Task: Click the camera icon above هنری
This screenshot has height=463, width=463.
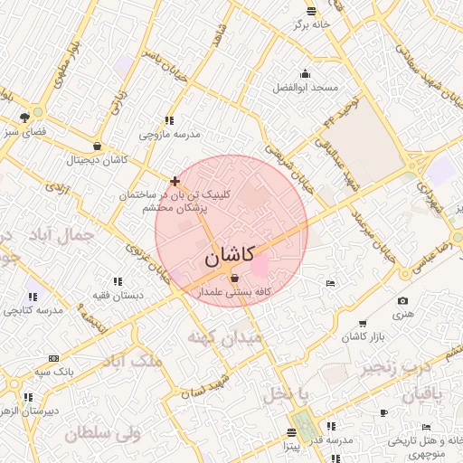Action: (402, 301)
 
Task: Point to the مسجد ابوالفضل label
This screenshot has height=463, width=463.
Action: (306, 88)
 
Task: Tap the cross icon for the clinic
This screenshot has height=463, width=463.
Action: (175, 181)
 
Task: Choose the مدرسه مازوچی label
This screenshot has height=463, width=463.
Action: (169, 134)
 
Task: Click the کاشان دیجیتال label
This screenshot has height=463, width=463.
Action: (97, 160)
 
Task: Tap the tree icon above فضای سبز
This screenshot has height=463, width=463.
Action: (24, 117)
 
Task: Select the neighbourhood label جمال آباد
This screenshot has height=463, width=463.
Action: (63, 237)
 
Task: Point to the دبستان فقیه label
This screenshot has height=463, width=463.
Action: (117, 295)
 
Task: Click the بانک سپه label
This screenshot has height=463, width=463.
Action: (54, 372)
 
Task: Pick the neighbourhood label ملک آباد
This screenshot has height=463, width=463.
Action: (135, 362)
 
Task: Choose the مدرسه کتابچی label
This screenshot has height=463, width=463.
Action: (33, 310)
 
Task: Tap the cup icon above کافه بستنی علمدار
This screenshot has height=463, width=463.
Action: (235, 278)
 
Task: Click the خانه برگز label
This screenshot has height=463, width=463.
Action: (311, 24)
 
